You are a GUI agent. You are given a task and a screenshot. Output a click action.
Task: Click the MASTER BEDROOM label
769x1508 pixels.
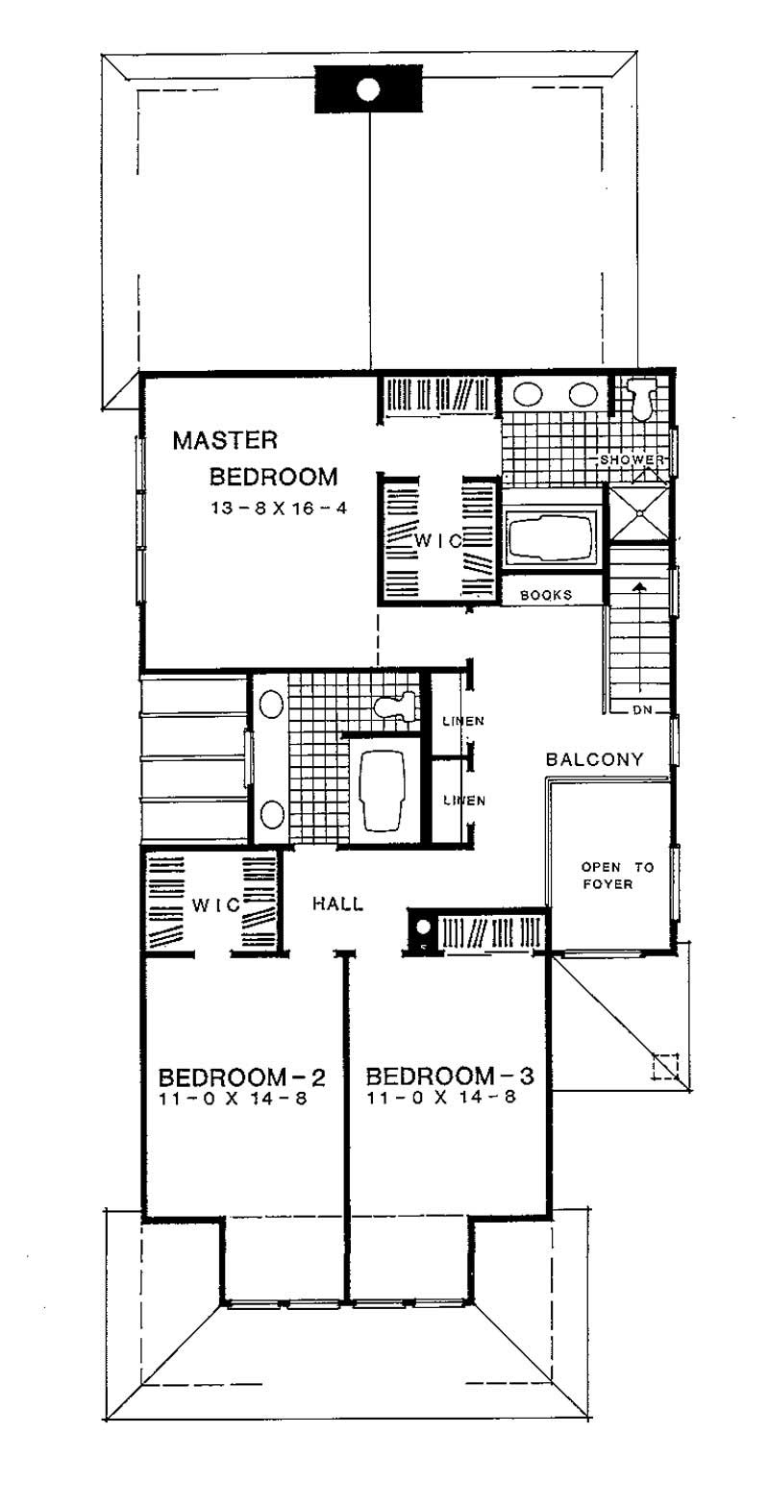point(255,458)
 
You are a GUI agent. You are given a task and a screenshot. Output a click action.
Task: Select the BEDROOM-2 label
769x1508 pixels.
point(241,1075)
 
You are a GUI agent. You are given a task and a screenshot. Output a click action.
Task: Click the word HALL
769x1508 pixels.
point(337,903)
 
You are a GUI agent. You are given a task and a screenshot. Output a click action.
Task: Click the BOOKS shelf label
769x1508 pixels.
point(546,595)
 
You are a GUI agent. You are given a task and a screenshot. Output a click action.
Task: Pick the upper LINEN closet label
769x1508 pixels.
point(462,721)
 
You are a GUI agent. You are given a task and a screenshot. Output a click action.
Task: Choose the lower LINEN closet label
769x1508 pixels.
point(462,800)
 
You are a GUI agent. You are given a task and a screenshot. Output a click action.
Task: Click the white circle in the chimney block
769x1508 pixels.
point(367,90)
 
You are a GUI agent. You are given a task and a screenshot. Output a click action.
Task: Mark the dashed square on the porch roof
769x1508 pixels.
point(665,1068)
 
